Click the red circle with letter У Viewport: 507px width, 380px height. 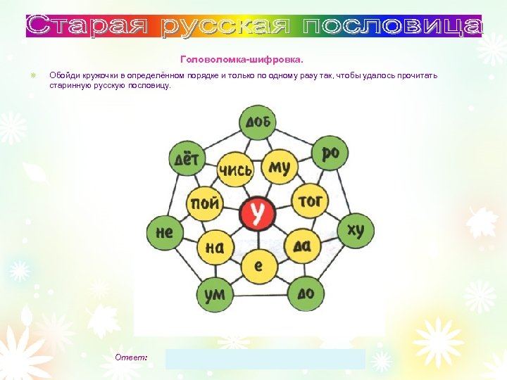click(258, 213)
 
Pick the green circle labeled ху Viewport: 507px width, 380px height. click(356, 229)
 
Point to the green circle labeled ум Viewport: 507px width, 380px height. click(214, 293)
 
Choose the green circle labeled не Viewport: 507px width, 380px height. click(164, 232)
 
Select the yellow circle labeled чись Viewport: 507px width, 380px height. click(235, 170)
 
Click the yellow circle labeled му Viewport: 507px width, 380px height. click(280, 167)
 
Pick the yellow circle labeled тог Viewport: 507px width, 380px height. click(309, 202)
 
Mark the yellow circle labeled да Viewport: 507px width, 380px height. click(301, 246)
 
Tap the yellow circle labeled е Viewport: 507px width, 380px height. click(258, 265)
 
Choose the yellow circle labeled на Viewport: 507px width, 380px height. click(215, 246)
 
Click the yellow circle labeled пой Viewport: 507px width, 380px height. click(204, 204)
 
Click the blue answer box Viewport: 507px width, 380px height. click(265, 359)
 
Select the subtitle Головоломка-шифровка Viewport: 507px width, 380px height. click(242, 60)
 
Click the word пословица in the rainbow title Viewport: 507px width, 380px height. click(392, 26)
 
